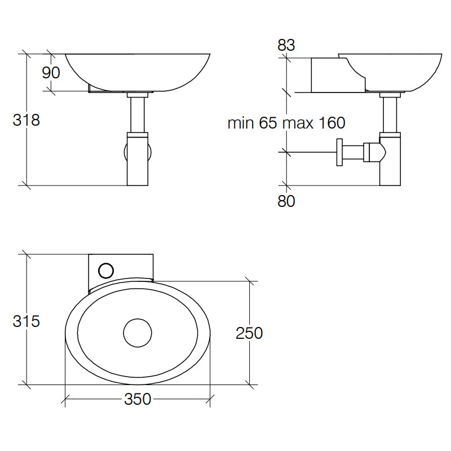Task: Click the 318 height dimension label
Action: tap(26, 120)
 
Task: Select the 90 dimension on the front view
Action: tap(51, 73)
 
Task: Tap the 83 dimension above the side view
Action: tap(286, 46)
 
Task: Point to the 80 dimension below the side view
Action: tap(286, 201)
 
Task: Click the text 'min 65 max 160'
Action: tap(286, 123)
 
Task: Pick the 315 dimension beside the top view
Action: tap(26, 322)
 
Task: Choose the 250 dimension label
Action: tap(249, 333)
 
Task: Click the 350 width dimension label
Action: tap(138, 399)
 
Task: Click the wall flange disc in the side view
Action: tap(339, 152)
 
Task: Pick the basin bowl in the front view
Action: tap(138, 70)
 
